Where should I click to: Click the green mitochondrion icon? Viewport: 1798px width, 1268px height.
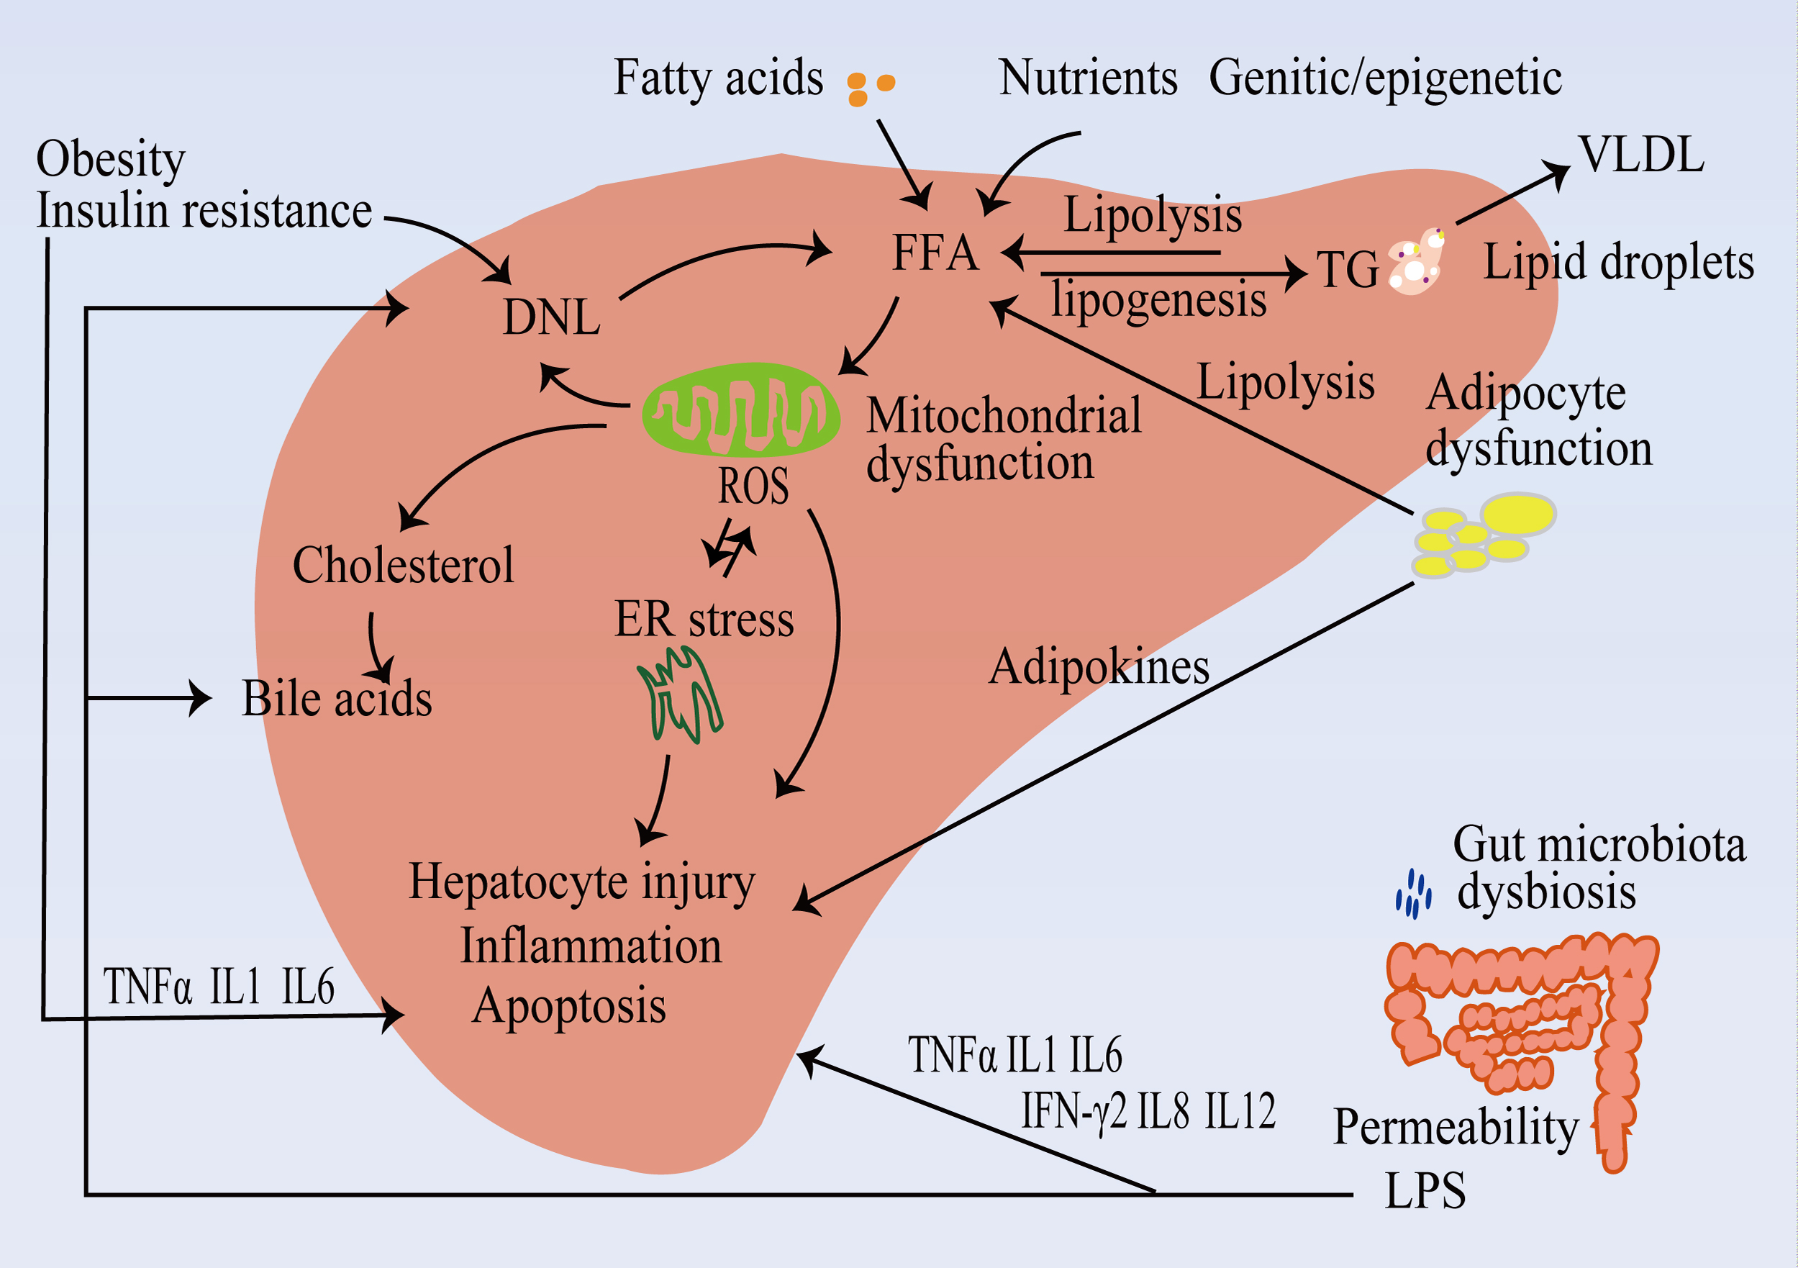[x=741, y=409]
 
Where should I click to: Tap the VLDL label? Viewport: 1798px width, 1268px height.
[x=1641, y=155]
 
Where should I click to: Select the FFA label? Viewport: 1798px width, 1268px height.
[x=935, y=253]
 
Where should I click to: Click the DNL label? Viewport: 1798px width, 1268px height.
[x=551, y=318]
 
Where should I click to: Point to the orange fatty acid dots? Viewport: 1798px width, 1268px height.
[x=869, y=88]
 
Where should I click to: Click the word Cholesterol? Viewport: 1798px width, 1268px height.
[x=404, y=566]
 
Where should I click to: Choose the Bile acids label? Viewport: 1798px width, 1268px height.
[x=337, y=699]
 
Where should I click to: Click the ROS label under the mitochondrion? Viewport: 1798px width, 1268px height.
[x=753, y=486]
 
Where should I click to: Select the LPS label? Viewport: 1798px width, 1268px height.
[x=1425, y=1192]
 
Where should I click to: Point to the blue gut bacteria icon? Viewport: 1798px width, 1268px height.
[x=1413, y=894]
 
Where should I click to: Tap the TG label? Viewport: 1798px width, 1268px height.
[x=1347, y=270]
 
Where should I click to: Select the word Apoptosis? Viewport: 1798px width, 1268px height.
[x=569, y=1006]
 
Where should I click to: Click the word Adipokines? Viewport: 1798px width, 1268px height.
[x=1099, y=667]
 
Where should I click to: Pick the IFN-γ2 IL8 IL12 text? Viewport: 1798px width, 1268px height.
[x=1148, y=1110]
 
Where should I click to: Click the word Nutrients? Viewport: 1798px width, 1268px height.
[x=1088, y=78]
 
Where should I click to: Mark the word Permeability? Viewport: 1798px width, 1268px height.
[x=1456, y=1127]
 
